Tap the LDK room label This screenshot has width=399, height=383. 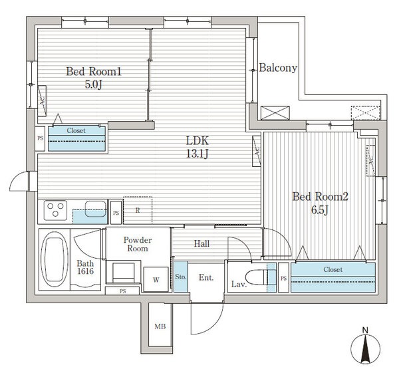(x=197, y=140)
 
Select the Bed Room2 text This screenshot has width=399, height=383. (x=321, y=197)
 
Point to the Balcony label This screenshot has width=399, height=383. (x=277, y=68)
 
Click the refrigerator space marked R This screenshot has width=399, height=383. (x=137, y=210)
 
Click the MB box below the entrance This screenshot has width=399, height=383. (x=160, y=326)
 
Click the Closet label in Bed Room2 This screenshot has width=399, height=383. (x=332, y=269)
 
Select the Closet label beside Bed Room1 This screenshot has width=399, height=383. (x=78, y=131)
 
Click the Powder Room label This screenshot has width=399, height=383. (x=138, y=244)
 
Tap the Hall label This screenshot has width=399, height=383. (x=202, y=244)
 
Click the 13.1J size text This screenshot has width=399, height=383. (x=197, y=155)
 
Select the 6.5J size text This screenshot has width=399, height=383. (x=321, y=211)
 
